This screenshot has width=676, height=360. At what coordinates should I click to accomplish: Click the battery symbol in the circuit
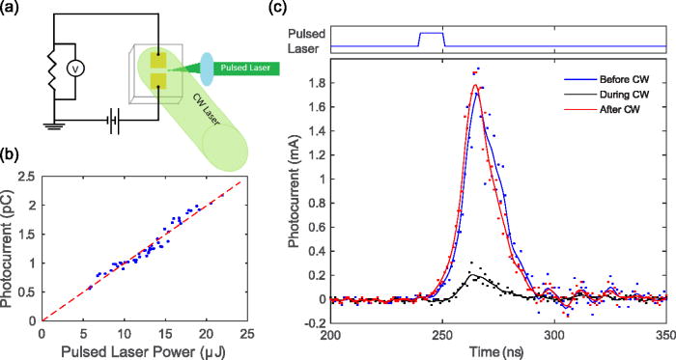(91, 121)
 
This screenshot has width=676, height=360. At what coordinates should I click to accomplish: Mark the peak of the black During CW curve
(472, 274)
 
